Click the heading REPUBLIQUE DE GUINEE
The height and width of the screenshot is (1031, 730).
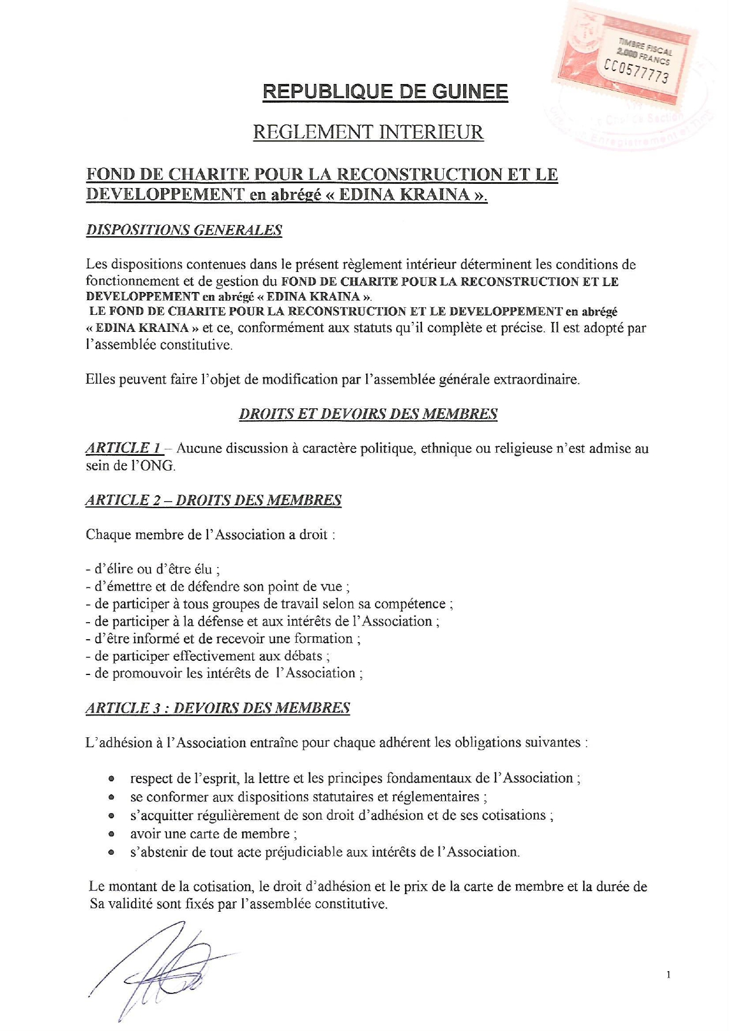coord(385,92)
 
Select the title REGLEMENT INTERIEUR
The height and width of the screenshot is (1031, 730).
coord(368,132)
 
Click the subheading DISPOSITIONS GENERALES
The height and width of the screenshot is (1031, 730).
coord(184,230)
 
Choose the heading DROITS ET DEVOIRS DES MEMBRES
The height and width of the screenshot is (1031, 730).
coord(368,414)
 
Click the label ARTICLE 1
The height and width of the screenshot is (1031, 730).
coord(123,448)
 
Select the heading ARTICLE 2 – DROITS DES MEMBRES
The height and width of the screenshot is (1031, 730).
coord(213,500)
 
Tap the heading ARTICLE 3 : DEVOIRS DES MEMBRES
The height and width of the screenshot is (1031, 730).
coord(217,707)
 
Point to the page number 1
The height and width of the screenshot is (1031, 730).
coord(669,975)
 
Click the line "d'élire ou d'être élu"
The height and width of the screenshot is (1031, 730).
coord(153,569)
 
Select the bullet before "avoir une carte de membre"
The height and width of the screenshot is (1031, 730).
coord(110,834)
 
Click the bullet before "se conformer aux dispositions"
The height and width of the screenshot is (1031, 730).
coord(110,798)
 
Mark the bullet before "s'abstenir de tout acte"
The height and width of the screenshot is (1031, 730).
coord(110,852)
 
